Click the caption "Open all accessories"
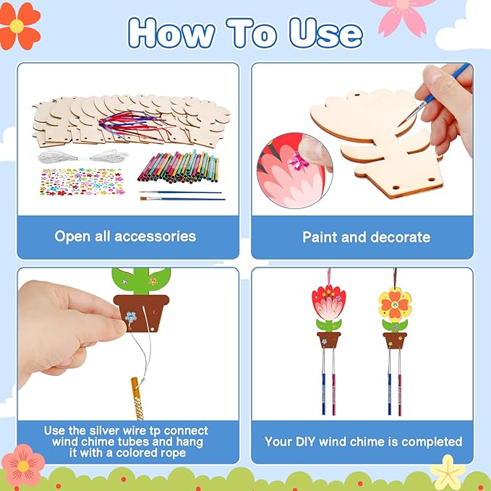[x=125, y=236]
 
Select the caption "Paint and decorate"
[x=366, y=236]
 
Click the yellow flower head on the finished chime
[x=395, y=304]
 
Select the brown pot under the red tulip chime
[x=328, y=340]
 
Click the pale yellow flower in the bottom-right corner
[x=448, y=472]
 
